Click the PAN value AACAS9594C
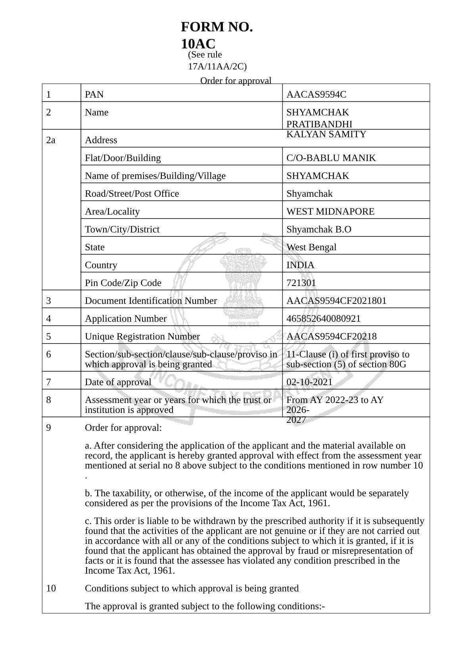click(316, 94)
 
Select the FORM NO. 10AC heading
click(217, 35)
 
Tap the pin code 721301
click(301, 283)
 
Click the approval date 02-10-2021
click(309, 382)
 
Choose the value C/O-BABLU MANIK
click(331, 158)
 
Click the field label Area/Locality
click(112, 211)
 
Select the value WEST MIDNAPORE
click(330, 211)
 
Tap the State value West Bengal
click(311, 247)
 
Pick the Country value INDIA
click(300, 265)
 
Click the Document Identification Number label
click(151, 301)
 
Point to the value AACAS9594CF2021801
click(336, 301)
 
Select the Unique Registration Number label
click(142, 336)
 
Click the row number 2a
click(51, 140)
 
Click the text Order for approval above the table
click(236, 81)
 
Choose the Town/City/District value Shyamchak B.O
click(319, 229)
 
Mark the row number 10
click(51, 588)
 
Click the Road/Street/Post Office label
click(132, 194)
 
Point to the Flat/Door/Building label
click(123, 158)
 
